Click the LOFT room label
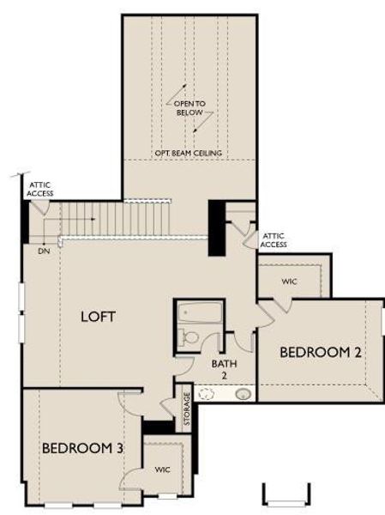(98, 316)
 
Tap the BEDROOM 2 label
(315, 352)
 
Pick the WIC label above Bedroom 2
(289, 281)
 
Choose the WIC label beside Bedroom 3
(163, 470)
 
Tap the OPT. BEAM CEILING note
(189, 153)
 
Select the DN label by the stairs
(43, 252)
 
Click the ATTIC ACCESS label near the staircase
(40, 189)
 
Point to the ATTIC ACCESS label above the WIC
(274, 239)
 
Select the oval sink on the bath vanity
(244, 394)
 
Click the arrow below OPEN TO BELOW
(197, 125)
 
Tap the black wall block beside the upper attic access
(218, 227)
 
